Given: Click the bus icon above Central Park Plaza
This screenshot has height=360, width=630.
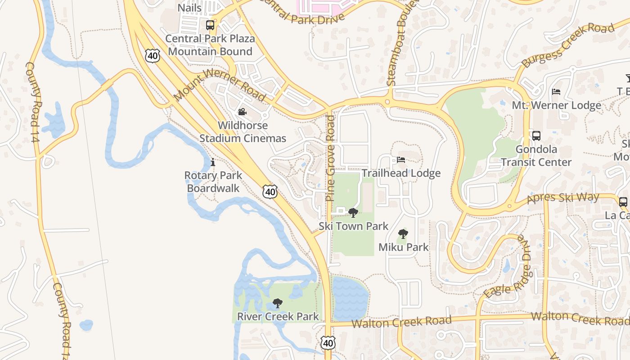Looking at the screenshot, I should (x=210, y=25).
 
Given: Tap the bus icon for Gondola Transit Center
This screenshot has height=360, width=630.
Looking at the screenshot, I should (x=536, y=136).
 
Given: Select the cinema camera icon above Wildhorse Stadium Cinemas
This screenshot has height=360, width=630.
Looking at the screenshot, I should (x=242, y=112).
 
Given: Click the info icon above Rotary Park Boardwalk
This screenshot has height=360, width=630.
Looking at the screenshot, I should (x=212, y=162).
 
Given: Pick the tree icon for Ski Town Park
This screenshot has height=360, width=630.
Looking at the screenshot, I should (x=353, y=212).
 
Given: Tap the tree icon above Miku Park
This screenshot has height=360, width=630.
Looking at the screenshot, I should (x=403, y=234).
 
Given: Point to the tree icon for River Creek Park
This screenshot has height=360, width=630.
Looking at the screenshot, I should (x=278, y=303).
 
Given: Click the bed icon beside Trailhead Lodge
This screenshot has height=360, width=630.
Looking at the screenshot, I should (x=401, y=160).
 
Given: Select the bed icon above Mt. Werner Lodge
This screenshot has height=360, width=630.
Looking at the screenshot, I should (x=556, y=92).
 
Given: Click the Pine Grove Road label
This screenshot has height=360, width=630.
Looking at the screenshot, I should (x=331, y=158).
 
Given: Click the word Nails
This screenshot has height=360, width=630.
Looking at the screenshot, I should (x=189, y=8).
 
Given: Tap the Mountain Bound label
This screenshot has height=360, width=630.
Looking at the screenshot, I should (x=210, y=51).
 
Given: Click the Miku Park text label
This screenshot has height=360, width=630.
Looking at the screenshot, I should (x=404, y=247).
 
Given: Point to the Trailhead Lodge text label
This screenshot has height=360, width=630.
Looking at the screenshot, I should (x=401, y=173).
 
